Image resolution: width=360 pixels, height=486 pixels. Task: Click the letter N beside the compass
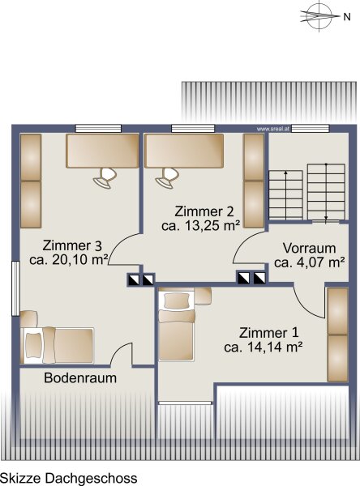[347, 17]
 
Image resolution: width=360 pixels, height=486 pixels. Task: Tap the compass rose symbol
[319, 15]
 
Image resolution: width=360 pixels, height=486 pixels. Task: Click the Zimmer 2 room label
[204, 211]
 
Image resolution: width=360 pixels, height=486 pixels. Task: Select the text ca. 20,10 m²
[69, 260]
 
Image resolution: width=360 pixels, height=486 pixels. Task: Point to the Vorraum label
[309, 248]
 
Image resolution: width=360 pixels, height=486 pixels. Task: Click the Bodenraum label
[80, 377]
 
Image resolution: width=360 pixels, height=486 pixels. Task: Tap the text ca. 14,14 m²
[264, 347]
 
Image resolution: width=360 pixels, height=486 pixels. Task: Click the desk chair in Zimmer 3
[105, 177]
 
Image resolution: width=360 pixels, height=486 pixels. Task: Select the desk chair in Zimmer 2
[167, 177]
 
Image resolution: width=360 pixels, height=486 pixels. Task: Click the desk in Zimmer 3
[102, 151]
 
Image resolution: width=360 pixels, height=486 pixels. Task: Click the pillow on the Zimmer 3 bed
[33, 345]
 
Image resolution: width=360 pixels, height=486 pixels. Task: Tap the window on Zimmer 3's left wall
[15, 288]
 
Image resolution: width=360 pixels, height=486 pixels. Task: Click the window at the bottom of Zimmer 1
[185, 403]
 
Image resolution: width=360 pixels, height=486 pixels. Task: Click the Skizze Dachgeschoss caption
[69, 478]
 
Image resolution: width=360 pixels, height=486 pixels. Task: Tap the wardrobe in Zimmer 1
[337, 335]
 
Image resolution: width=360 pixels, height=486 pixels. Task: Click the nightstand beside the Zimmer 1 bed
[203, 296]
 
